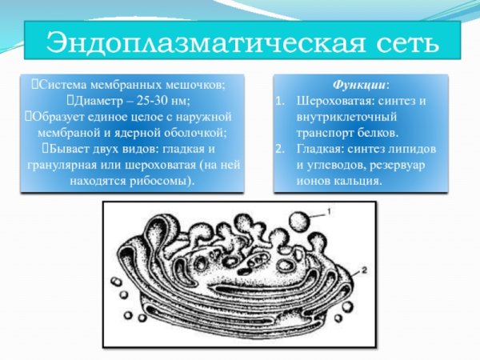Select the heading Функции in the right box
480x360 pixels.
361,84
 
